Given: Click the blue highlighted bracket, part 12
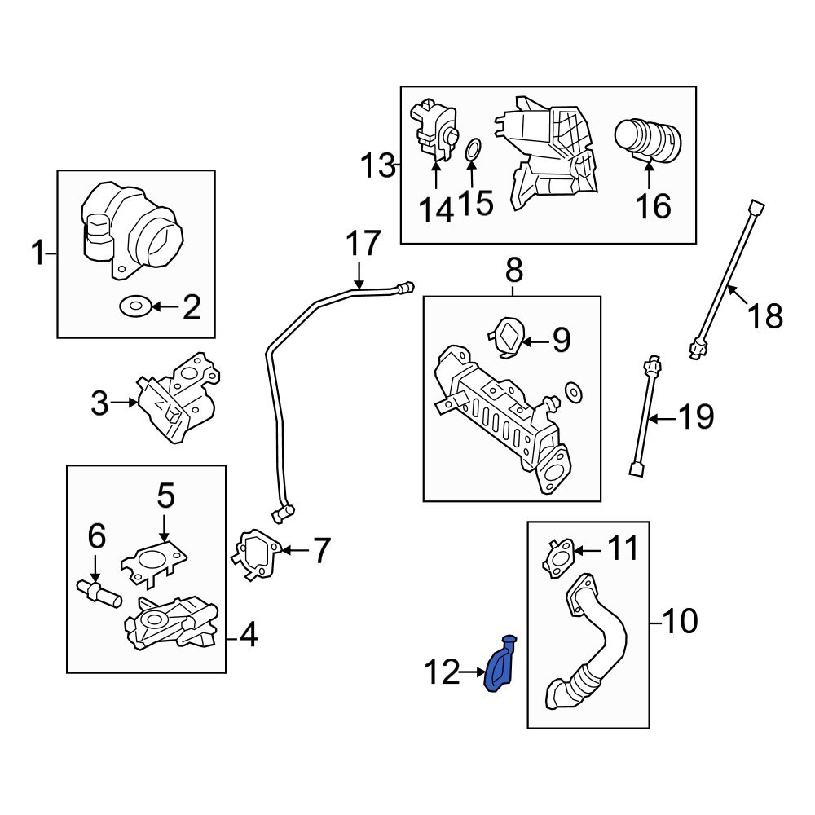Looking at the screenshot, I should tap(500, 668).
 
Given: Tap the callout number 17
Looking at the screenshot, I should tap(363, 244).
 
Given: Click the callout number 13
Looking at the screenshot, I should tap(377, 166).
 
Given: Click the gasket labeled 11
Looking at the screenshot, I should tap(559, 556).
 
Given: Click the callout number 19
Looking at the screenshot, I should tap(696, 418).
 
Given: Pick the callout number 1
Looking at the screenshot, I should tap(37, 255).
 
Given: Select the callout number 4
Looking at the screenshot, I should tap(248, 636).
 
